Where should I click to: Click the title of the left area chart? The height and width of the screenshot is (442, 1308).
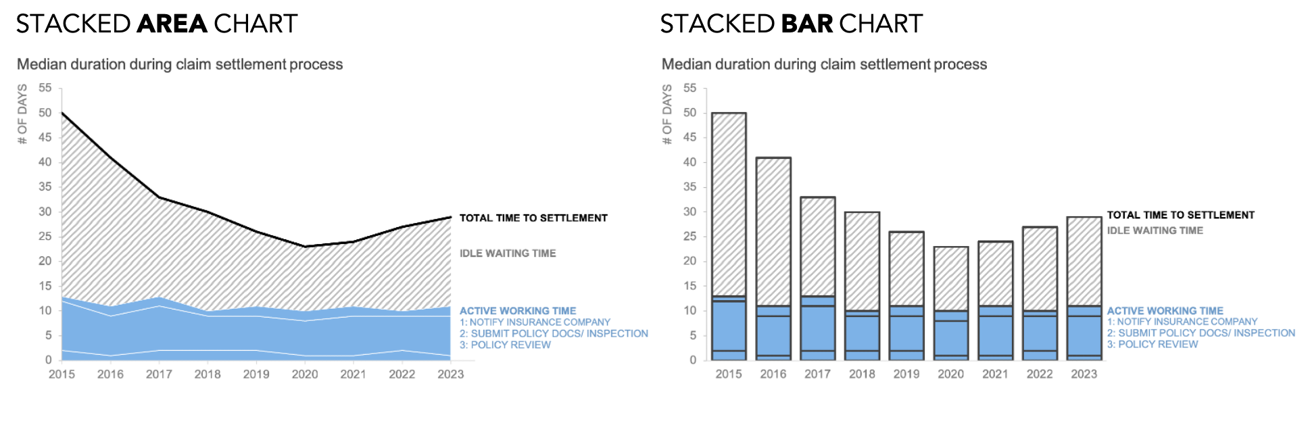pos(180,64)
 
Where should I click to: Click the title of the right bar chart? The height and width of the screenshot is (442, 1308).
pos(824,64)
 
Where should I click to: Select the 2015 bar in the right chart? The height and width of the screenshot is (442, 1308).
pos(729,237)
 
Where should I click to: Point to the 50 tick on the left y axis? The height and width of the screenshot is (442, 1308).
pos(45,113)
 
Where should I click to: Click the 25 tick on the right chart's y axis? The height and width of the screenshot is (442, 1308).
pos(689,237)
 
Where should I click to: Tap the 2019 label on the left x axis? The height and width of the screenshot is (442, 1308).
pos(256,374)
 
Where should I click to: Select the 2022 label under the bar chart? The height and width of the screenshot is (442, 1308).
pos(1040,374)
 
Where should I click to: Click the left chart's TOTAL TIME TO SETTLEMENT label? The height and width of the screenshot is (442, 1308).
pos(533,218)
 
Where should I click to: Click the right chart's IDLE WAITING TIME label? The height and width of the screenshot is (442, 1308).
pos(1155,230)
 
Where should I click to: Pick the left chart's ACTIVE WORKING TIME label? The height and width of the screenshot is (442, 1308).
pos(518,311)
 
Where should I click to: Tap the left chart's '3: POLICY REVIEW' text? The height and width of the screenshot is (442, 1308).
pos(505,345)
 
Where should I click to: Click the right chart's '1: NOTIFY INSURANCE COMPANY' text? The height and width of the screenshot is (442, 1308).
pos(1182,322)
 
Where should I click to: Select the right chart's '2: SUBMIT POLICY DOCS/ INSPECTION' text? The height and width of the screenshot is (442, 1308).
pos(1201,333)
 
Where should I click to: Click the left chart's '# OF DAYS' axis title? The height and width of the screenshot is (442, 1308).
pos(22,114)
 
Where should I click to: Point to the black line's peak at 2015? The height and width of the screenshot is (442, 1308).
pos(62,113)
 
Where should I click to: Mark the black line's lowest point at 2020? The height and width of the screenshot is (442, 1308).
pos(305,247)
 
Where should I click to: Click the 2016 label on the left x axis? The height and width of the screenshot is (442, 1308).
pos(110,374)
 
